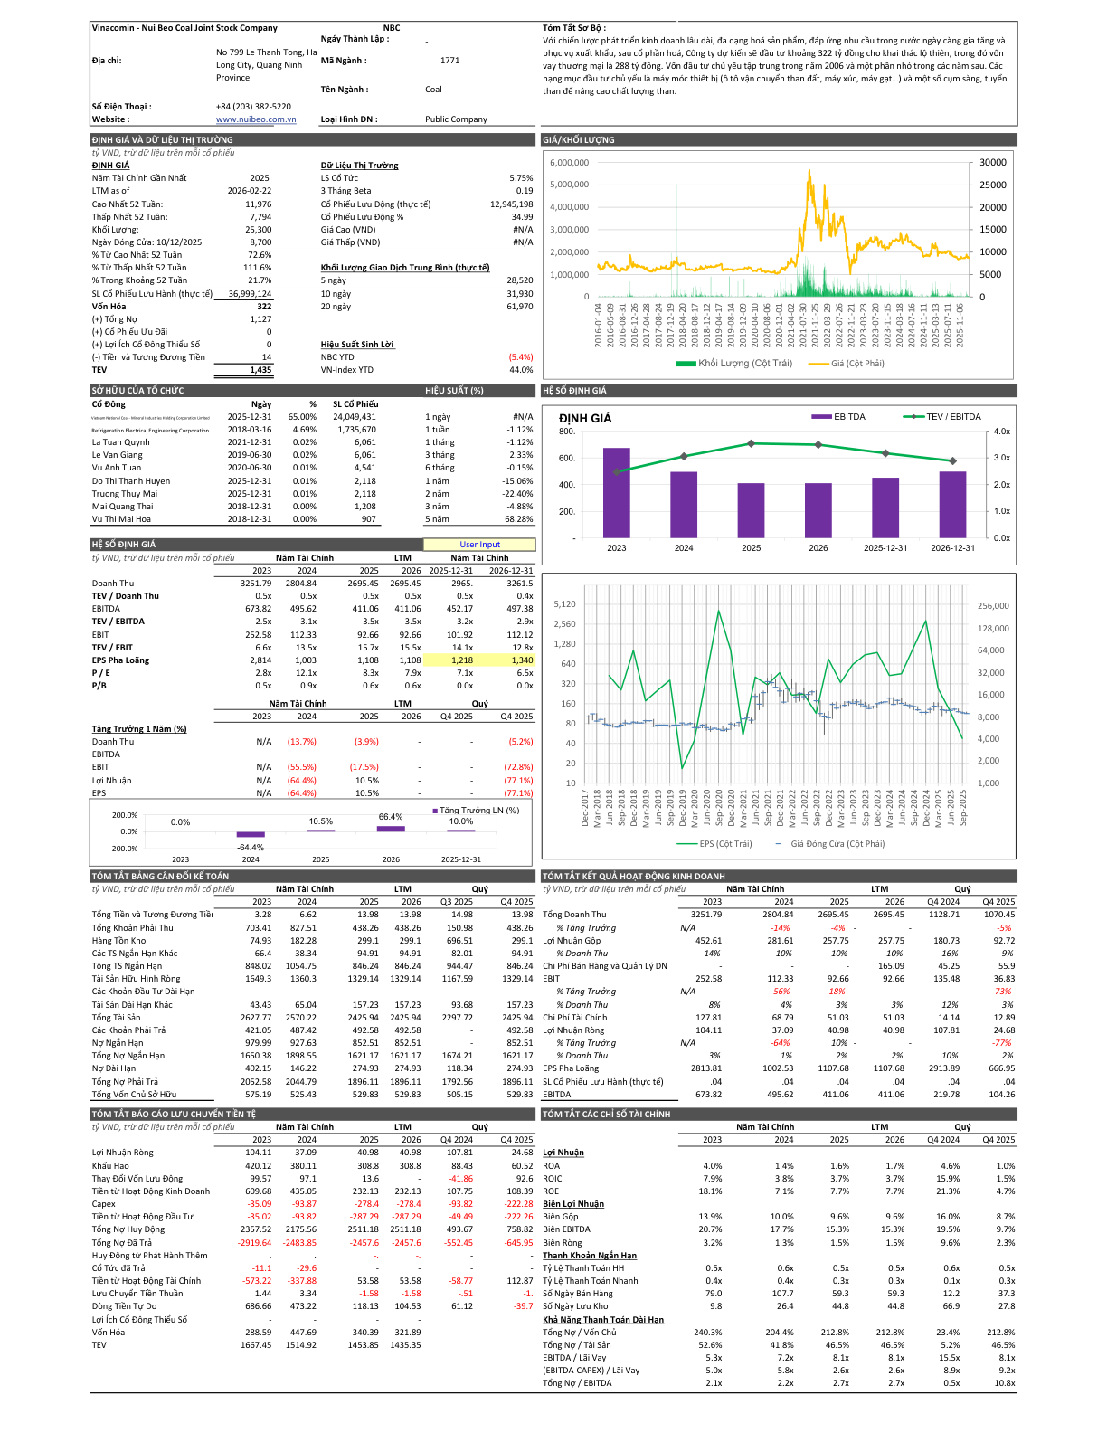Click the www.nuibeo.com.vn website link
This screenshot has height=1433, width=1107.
(x=256, y=119)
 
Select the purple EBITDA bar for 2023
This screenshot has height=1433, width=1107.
(x=617, y=492)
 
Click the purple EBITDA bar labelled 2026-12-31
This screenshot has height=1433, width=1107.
(x=952, y=504)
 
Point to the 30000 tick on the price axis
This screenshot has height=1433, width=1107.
(x=992, y=163)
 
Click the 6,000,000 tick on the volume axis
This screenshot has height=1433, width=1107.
(x=570, y=163)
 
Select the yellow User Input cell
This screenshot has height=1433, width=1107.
(x=479, y=545)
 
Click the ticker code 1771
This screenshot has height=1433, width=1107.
(x=449, y=61)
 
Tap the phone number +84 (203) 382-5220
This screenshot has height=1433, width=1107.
(x=253, y=107)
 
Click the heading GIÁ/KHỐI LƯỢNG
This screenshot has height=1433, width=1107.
(x=579, y=140)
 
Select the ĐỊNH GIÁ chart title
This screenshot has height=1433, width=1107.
(x=585, y=418)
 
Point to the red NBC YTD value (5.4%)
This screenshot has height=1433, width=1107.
(x=521, y=357)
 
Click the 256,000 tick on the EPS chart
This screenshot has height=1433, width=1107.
(x=993, y=606)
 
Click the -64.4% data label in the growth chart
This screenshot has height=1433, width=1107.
(x=251, y=848)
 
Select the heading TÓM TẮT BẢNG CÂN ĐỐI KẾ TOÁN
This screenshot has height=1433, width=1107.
(x=160, y=876)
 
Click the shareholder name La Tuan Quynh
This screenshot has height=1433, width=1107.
(x=121, y=442)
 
